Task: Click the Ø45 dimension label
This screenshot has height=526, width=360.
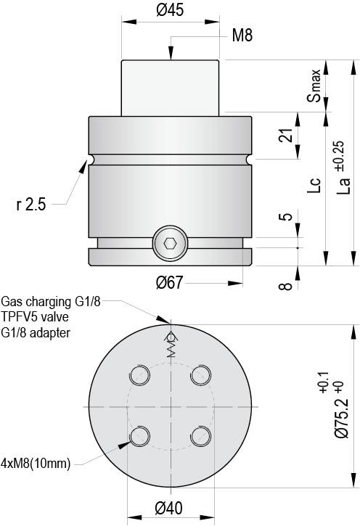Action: [170, 10]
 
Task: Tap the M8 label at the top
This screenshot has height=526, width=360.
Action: [242, 36]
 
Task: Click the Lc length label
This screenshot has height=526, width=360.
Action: [314, 185]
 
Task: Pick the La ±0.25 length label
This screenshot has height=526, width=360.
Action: [343, 168]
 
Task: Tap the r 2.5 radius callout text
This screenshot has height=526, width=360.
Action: [31, 205]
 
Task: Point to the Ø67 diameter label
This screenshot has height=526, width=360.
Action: [170, 283]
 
